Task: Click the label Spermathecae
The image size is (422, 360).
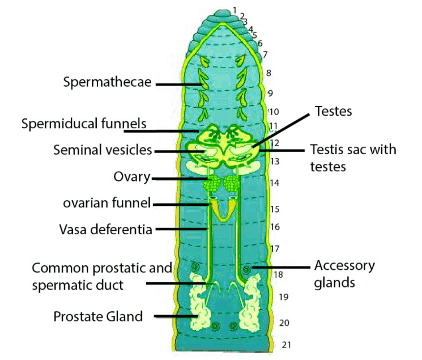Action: [x=107, y=82]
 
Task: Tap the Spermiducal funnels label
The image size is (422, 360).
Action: [x=84, y=123]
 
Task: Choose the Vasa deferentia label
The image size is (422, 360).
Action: [x=106, y=229]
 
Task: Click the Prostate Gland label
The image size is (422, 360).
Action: [x=98, y=316]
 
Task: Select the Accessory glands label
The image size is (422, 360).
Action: [x=344, y=273]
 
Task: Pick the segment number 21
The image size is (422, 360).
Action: [x=287, y=344]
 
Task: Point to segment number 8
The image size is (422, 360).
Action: [x=268, y=73]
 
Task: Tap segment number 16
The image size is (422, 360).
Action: [x=275, y=227]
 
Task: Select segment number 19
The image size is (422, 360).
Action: [x=284, y=297]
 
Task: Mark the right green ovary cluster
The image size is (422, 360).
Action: [x=233, y=183]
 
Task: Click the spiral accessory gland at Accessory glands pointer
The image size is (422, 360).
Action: [x=246, y=269]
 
